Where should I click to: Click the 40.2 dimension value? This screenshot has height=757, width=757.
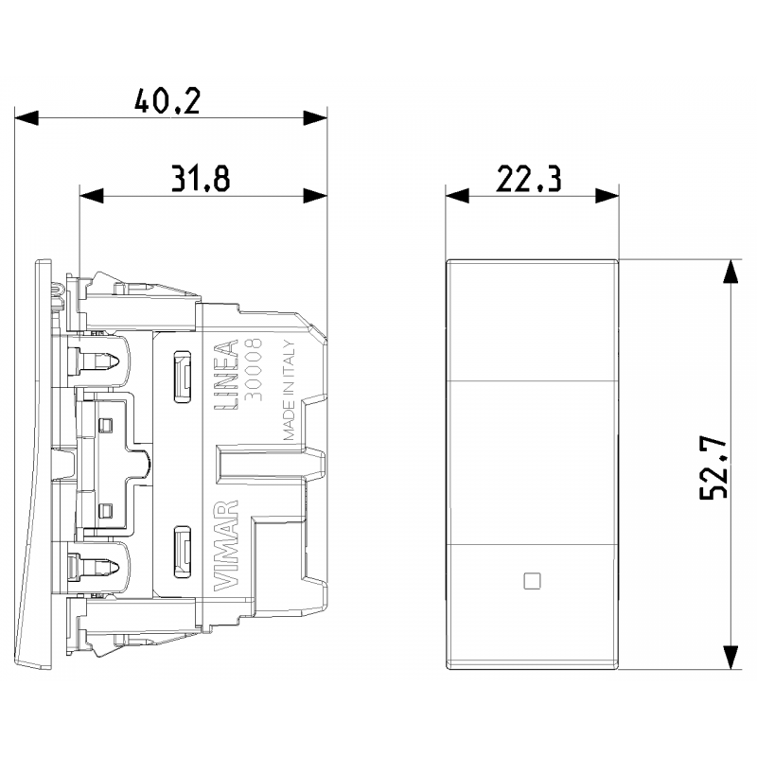tap(167, 101)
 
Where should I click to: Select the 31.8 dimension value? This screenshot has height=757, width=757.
tap(201, 178)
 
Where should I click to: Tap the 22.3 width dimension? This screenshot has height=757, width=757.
tap(529, 178)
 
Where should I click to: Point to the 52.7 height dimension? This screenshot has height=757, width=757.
tap(713, 467)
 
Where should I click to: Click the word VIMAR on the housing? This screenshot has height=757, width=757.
tap(226, 546)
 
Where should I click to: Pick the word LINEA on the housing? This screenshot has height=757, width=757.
tap(226, 375)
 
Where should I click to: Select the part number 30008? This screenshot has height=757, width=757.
tap(254, 369)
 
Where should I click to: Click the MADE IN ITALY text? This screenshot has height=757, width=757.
tap(289, 390)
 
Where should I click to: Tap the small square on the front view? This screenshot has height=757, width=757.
tap(532, 581)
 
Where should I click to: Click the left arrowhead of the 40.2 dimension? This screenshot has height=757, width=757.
tap(26, 117)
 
